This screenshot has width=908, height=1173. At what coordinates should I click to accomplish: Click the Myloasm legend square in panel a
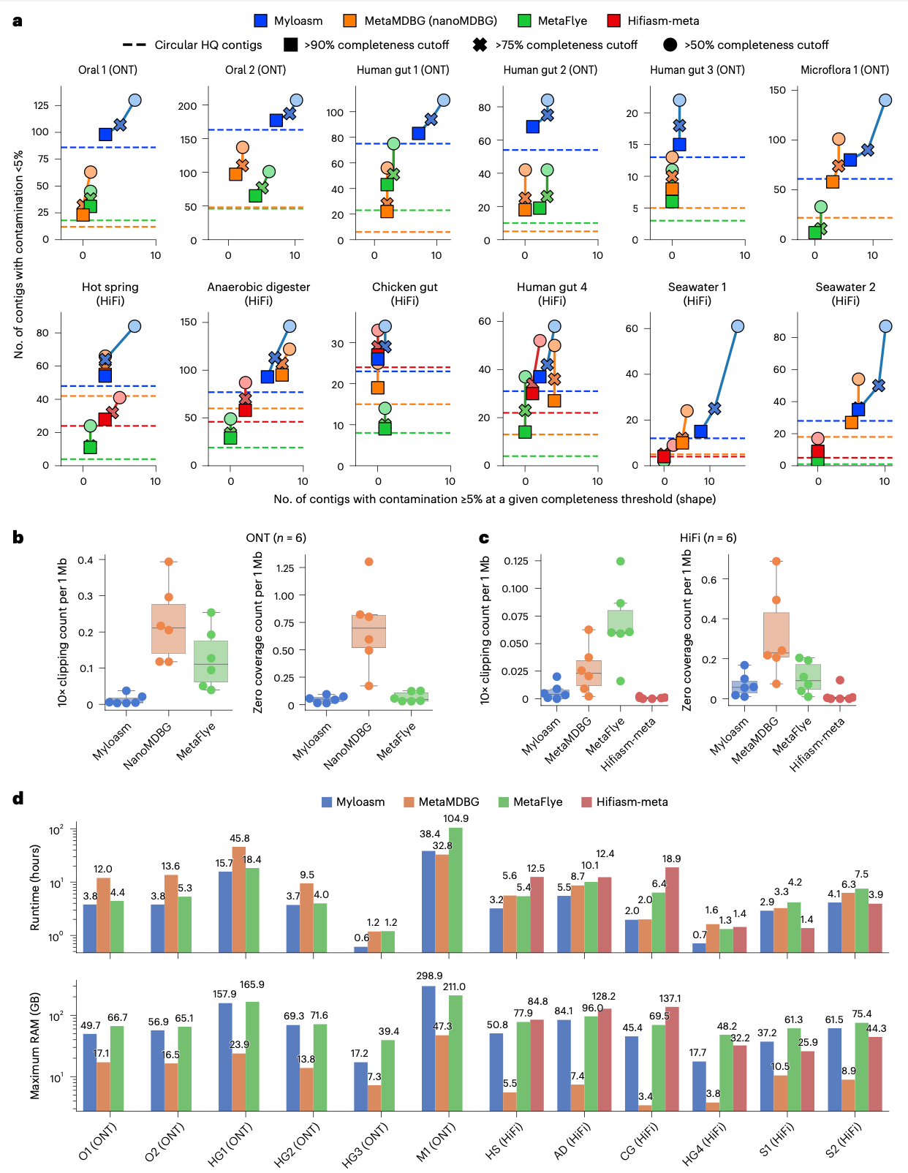261,21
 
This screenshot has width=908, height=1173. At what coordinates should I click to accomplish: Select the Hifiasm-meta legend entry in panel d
586,802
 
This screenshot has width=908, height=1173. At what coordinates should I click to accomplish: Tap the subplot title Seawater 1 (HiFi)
697,293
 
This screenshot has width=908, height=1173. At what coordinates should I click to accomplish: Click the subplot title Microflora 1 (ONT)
844,70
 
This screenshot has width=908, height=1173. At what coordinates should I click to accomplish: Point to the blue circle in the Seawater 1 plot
738,326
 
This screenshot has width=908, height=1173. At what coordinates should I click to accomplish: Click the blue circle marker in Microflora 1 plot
885,100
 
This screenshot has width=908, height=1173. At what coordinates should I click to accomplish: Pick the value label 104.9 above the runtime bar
455,818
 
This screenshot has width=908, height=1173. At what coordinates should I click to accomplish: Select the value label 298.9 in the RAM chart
429,976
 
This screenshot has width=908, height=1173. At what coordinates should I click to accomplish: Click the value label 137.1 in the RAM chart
670,998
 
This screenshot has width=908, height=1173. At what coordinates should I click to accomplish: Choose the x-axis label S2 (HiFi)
844,1139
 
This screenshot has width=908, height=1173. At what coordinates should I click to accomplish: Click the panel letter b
18,538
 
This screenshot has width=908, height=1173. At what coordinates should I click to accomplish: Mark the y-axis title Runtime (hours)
34,887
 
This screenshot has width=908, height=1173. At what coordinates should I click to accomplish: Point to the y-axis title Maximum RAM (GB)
34,1045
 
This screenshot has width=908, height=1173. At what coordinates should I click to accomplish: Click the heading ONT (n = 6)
276,538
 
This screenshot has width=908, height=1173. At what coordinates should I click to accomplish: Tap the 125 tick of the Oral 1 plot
41,105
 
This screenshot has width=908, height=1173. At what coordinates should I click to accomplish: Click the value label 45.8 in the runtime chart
240,838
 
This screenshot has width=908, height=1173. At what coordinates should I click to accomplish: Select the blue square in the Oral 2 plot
276,120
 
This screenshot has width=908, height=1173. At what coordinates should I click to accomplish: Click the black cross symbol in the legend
480,45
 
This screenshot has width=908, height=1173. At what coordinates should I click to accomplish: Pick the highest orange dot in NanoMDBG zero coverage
368,562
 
